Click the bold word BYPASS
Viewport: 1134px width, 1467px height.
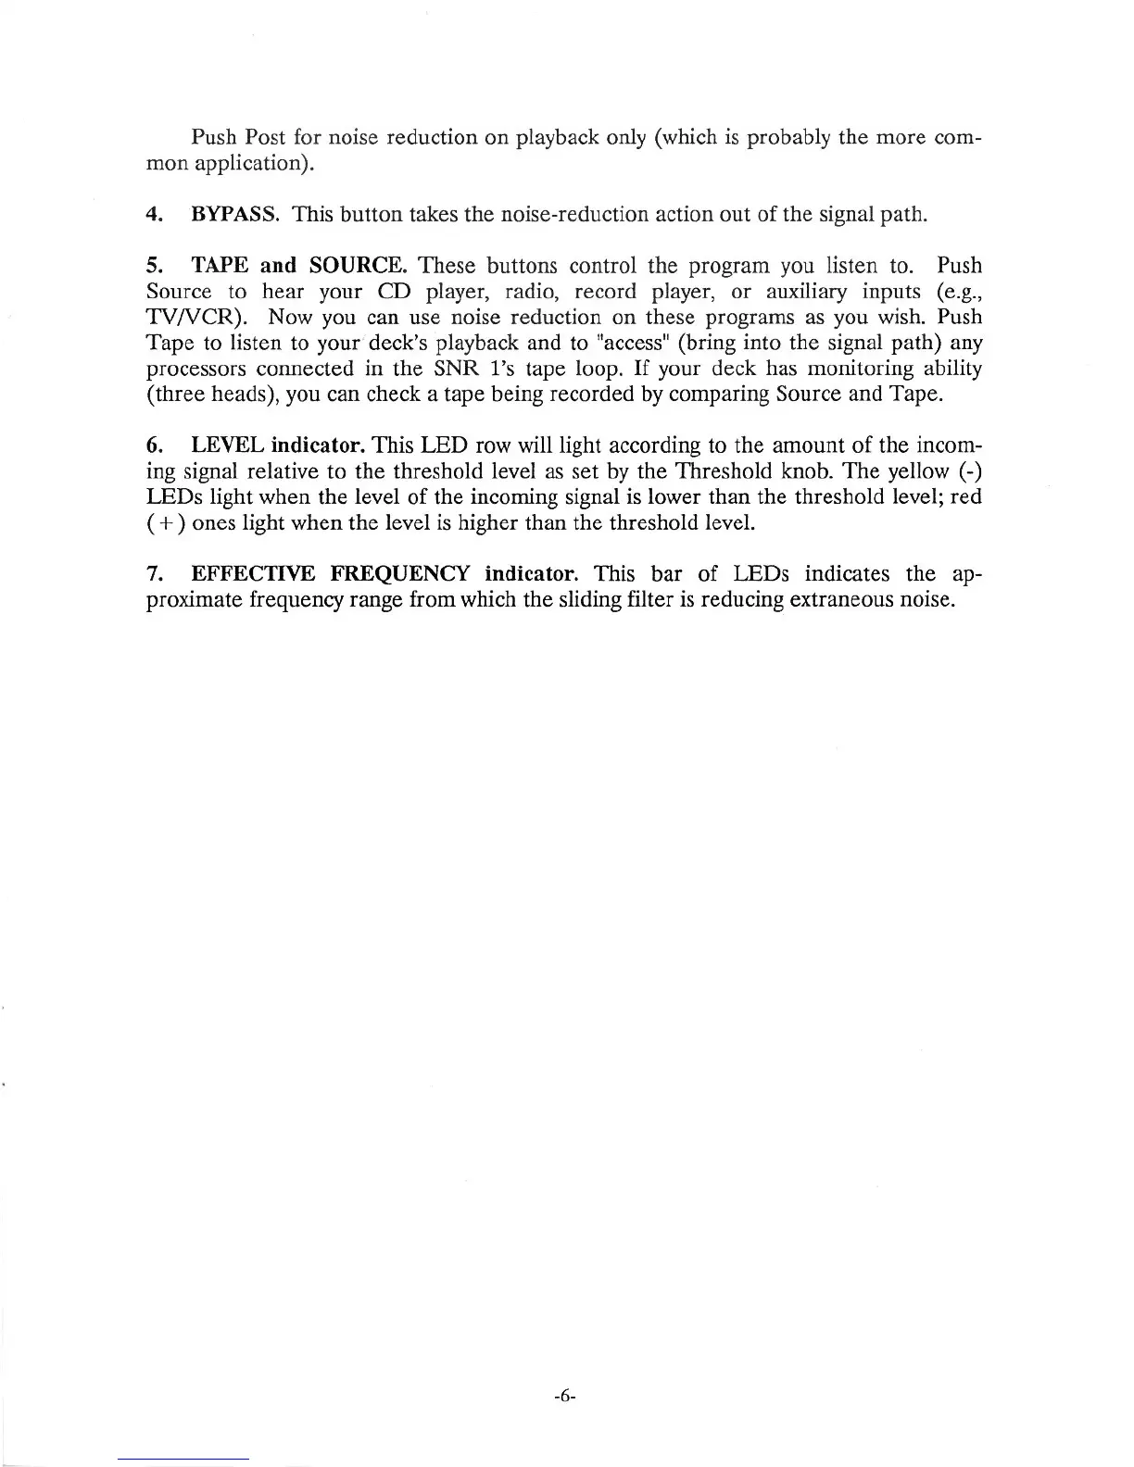(x=235, y=216)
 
